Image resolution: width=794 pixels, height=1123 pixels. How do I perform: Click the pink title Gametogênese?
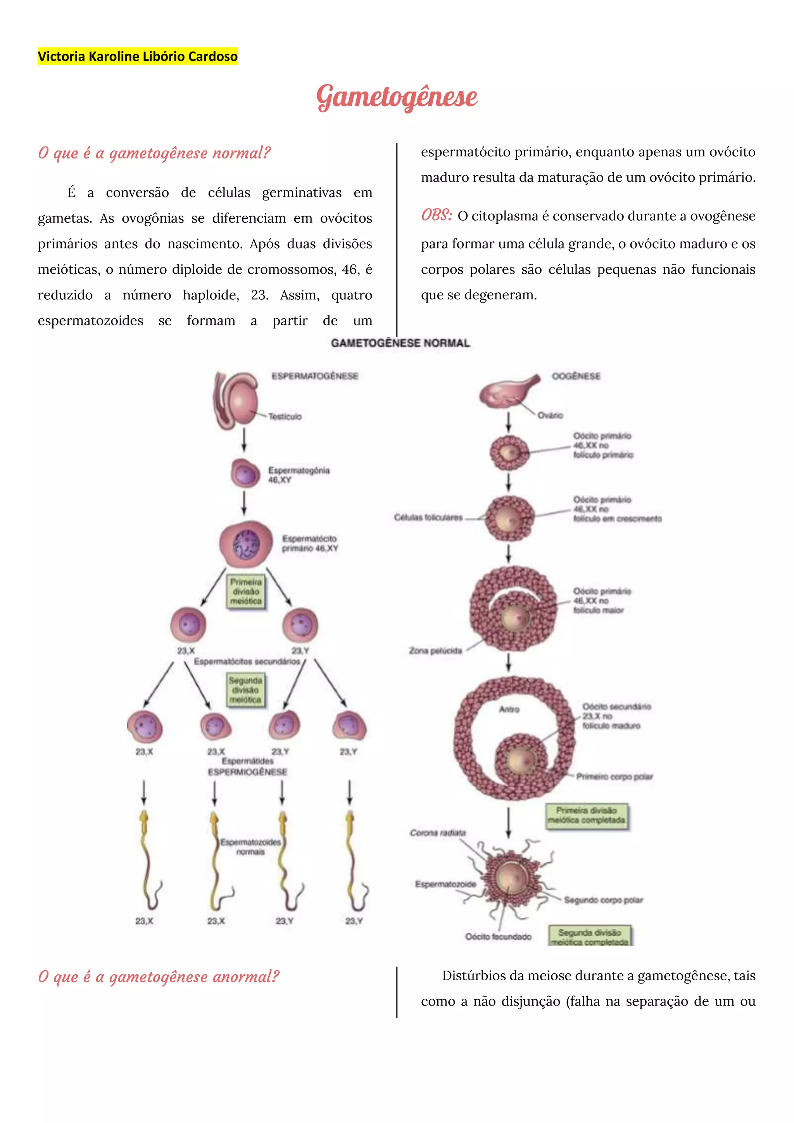pyautogui.click(x=397, y=97)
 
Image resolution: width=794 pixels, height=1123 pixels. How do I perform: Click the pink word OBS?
pyautogui.click(x=437, y=215)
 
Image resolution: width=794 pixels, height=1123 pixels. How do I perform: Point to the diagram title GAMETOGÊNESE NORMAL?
pyautogui.click(x=400, y=343)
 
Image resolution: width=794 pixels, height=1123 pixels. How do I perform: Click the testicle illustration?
pyautogui.click(x=237, y=401)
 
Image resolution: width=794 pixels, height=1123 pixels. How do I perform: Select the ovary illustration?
pyautogui.click(x=507, y=391)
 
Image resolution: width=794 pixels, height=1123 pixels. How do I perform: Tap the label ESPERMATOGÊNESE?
pyautogui.click(x=315, y=376)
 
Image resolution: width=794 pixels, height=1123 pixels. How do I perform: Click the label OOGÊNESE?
pyautogui.click(x=576, y=376)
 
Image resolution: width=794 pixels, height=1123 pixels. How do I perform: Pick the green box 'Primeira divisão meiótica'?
pyautogui.click(x=246, y=592)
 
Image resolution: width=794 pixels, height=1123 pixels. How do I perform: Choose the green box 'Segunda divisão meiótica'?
pyautogui.click(x=245, y=690)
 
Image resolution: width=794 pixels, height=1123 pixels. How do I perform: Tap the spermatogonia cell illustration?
pyautogui.click(x=245, y=473)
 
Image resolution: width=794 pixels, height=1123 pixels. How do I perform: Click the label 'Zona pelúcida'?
pyautogui.click(x=435, y=651)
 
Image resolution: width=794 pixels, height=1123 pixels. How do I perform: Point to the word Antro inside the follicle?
pyautogui.click(x=509, y=709)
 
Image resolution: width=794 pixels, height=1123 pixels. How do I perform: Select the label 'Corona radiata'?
pyautogui.click(x=438, y=833)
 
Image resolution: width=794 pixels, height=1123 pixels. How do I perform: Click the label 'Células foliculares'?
pyautogui.click(x=428, y=517)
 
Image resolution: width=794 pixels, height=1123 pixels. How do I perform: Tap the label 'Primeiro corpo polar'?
pyautogui.click(x=614, y=776)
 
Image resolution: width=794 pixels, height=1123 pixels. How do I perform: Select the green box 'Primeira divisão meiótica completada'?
pyautogui.click(x=586, y=815)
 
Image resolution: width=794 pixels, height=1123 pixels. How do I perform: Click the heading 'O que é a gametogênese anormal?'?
pyautogui.click(x=159, y=977)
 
